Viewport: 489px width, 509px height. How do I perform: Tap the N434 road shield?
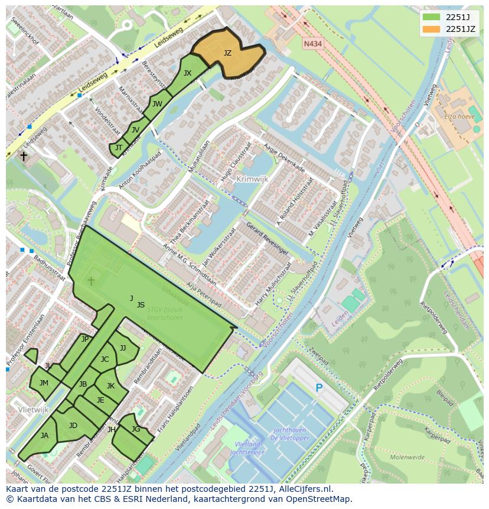point(313,44)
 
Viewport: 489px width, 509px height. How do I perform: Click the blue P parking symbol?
point(319,388)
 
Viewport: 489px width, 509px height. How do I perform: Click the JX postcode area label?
point(187,73)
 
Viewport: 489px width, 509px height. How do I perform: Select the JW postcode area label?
point(157,104)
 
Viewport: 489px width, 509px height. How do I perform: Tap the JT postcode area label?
point(119,148)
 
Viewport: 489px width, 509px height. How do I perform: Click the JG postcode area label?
point(136,429)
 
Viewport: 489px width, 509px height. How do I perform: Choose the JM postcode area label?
point(44,383)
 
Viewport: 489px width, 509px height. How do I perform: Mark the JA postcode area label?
point(44,436)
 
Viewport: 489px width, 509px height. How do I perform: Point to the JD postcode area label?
point(73,426)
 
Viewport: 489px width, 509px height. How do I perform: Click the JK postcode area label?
point(110,386)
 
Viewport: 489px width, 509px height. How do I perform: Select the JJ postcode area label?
point(123,348)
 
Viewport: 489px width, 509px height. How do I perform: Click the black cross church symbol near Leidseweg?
point(24,156)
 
